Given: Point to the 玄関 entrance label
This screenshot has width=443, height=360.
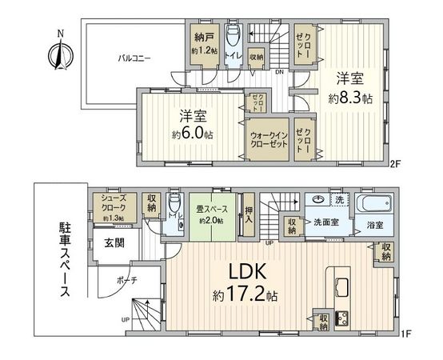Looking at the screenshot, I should [x=115, y=244].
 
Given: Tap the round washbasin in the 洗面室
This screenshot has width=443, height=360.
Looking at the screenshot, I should [x=318, y=201].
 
